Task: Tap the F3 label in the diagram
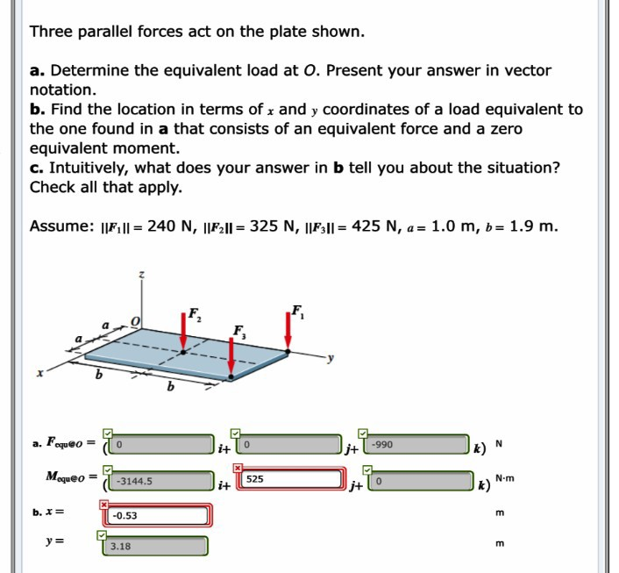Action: pos(239,332)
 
